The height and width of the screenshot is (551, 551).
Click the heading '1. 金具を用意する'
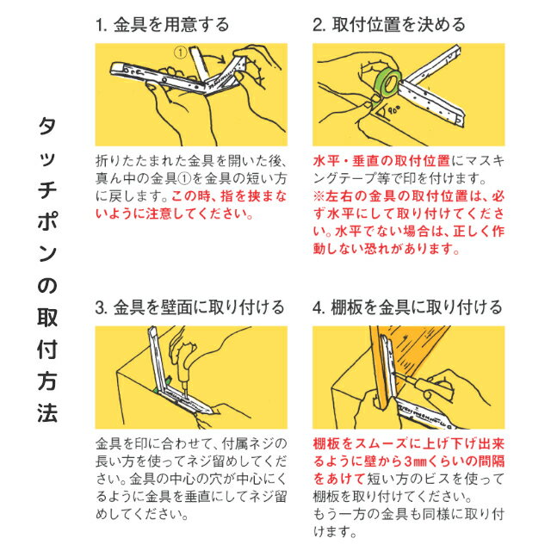pyautogui.click(x=162, y=25)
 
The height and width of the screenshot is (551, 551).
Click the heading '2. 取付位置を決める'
pyautogui.click(x=389, y=25)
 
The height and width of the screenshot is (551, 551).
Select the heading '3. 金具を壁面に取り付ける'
pyautogui.click(x=189, y=307)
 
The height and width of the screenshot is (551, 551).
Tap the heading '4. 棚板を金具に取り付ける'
pyautogui.click(x=407, y=307)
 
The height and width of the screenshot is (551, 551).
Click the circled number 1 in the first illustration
pyautogui.click(x=180, y=53)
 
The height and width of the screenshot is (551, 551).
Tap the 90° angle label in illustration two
pyautogui.click(x=394, y=110)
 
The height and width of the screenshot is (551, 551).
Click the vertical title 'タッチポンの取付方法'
pyautogui.click(x=47, y=269)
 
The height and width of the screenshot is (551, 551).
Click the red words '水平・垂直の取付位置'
pyautogui.click(x=381, y=161)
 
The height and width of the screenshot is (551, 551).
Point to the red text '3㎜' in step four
pyautogui.click(x=415, y=461)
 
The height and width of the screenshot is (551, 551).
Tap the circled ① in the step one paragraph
pyautogui.click(x=184, y=178)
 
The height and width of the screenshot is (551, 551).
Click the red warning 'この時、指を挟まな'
pyautogui.click(x=229, y=196)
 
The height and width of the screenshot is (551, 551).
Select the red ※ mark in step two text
pyautogui.click(x=319, y=196)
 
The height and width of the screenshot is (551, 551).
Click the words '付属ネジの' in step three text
pyautogui.click(x=255, y=443)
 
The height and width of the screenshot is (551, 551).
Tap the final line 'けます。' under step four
pyautogui.click(x=335, y=531)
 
